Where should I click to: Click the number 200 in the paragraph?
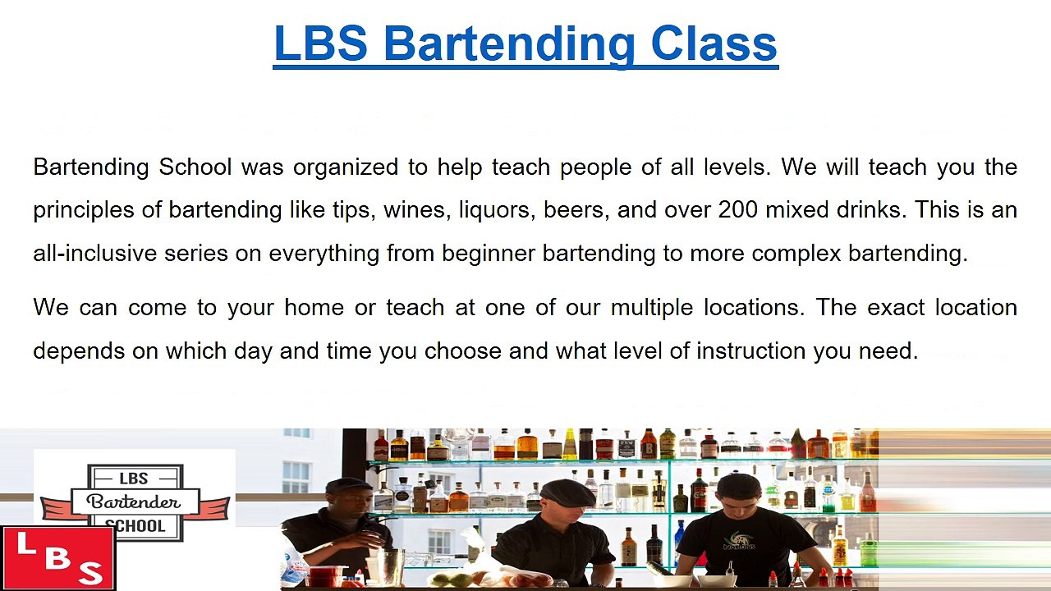click(738, 209)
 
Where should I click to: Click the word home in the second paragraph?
click(314, 308)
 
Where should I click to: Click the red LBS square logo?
click(57, 558)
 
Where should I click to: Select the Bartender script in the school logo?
click(134, 502)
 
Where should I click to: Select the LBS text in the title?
click(320, 44)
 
